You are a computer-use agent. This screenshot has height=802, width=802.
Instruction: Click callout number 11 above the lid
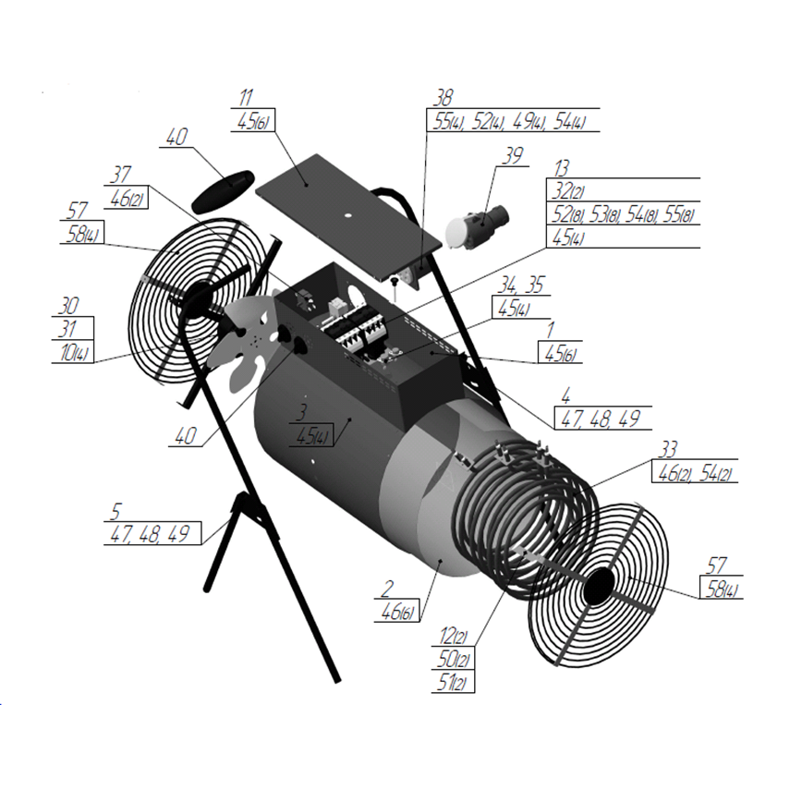point(246,97)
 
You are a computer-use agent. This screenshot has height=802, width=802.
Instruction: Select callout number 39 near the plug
point(513,155)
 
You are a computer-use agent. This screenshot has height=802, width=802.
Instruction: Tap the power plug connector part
point(477,225)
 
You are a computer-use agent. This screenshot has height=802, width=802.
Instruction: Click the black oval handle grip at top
point(223,191)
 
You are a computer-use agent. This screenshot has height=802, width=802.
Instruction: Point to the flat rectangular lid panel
point(348,217)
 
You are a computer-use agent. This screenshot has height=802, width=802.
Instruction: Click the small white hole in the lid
point(347,214)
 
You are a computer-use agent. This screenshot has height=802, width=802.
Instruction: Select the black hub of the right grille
point(597,586)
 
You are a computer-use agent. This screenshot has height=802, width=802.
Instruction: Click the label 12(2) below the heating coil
point(453,637)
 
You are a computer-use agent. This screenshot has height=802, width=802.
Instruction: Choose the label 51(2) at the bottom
point(452,682)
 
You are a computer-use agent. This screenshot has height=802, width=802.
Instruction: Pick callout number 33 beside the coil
point(668,450)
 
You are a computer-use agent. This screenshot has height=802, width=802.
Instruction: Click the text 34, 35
point(522,285)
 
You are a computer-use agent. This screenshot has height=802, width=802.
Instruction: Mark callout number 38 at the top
point(444,97)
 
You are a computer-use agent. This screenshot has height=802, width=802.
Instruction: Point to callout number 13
point(562,168)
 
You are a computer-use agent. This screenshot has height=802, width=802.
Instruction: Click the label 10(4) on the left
point(74,352)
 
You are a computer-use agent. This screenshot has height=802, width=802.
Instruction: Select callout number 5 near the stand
point(116,512)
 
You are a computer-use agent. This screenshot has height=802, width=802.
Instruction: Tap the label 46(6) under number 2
point(397,612)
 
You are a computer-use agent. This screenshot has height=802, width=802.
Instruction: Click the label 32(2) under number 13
point(567,190)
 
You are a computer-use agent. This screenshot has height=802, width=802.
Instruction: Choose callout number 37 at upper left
point(121,175)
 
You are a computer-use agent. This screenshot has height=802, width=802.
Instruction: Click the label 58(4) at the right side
point(722,589)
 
